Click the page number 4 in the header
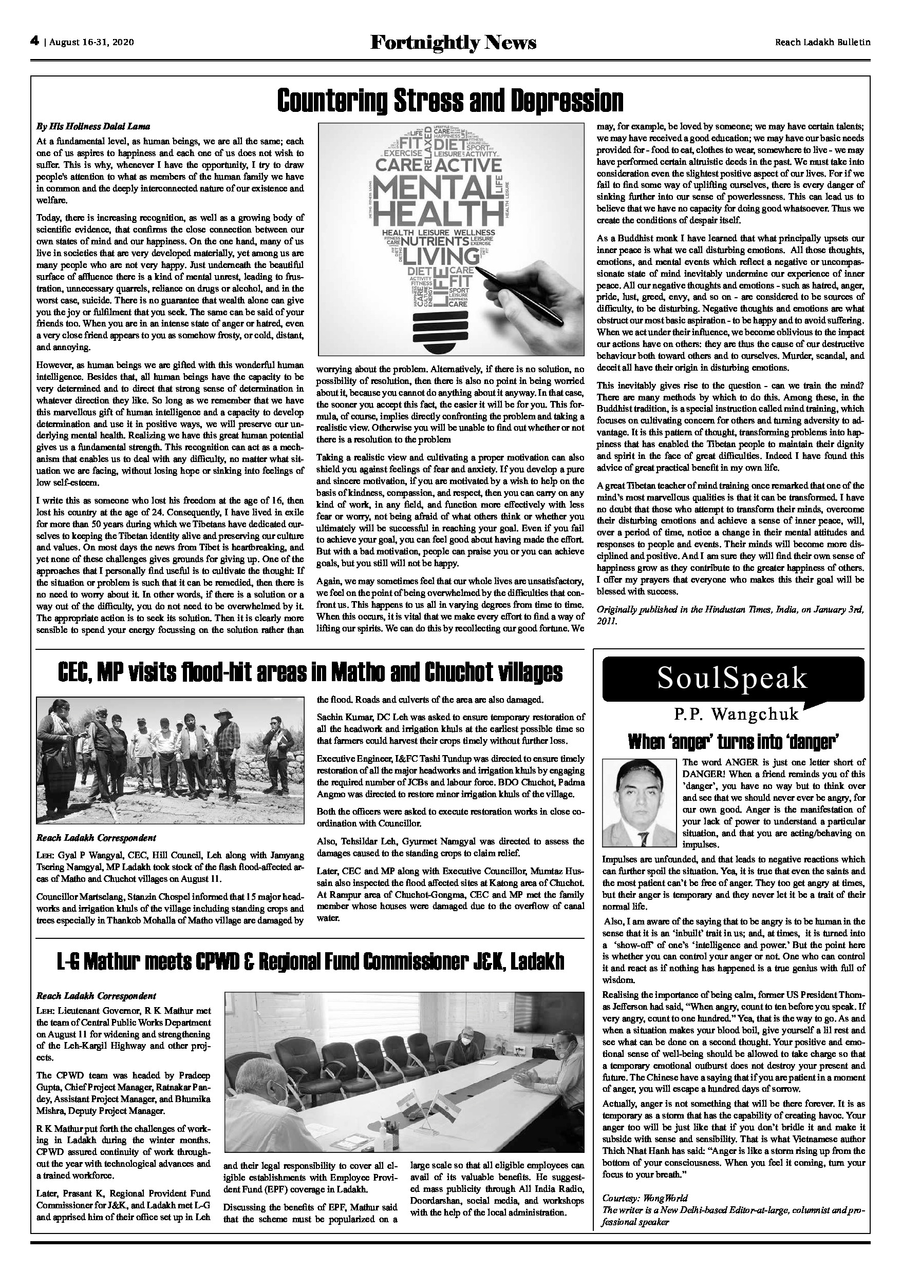pos(34,41)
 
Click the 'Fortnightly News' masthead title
pos(453,42)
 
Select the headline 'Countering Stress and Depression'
pos(450,101)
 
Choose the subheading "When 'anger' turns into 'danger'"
pos(733,741)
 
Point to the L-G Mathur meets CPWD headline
pos(310,962)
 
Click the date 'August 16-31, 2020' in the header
pos(91,42)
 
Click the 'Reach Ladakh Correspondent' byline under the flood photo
pos(96,837)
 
